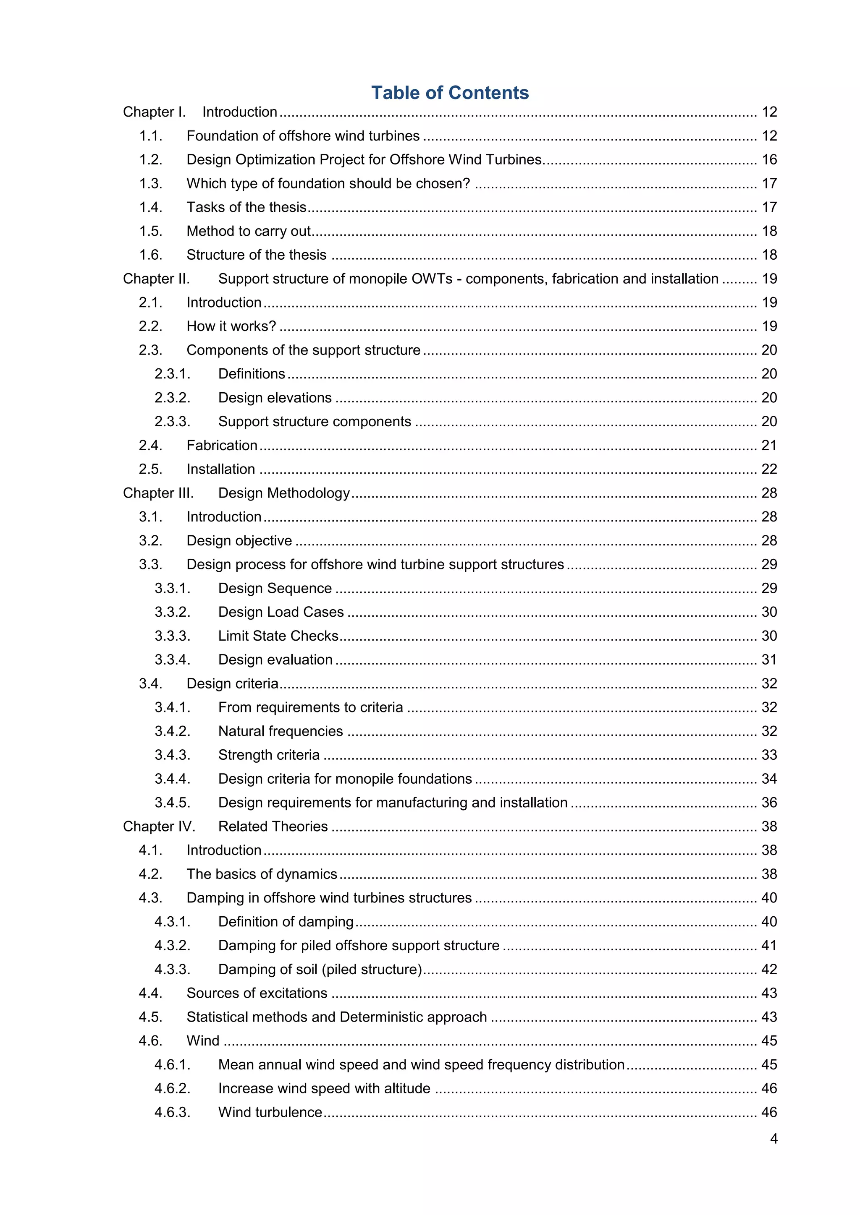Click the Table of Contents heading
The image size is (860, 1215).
pos(450,93)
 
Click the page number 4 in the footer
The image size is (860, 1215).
pos(773,1138)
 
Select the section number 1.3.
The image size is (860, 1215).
pos(150,184)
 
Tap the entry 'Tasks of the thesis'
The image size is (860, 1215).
pos(246,207)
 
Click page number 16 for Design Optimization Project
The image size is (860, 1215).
pos(769,160)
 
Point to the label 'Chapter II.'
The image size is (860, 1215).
pos(156,279)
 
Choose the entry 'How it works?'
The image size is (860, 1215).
pos(231,326)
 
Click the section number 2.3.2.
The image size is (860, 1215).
pos(172,398)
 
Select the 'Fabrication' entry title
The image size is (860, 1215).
pos(222,446)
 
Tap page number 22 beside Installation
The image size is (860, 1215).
pos(769,469)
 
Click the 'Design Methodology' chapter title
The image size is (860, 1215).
pos(284,493)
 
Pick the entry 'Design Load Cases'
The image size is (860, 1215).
pos(281,612)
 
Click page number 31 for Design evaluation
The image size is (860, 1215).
pos(769,660)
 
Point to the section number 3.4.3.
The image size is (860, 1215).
pos(172,755)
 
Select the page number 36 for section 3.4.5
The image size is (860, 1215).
pos(769,803)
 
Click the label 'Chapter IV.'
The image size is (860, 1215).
pos(159,827)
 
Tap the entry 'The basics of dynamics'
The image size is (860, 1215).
pos(262,874)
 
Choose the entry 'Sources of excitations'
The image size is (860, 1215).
pos(257,993)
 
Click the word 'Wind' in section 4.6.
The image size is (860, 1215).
pos(203,1041)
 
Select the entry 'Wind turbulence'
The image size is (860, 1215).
pos(270,1112)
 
